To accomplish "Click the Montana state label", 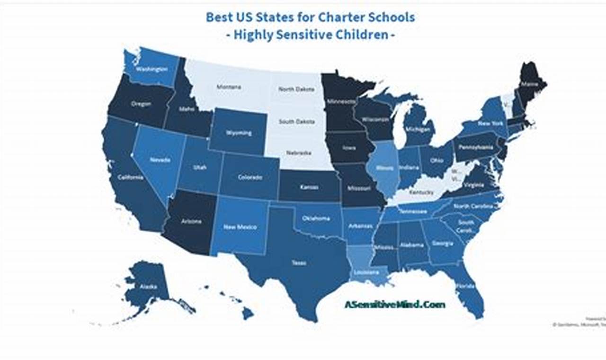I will pos(229,87).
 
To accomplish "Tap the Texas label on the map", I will pos(299,263).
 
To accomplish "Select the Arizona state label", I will pos(191,221).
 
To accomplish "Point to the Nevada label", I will pos(160,160).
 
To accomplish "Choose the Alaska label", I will pos(148,287).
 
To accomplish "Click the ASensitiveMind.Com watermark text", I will pos(394,305).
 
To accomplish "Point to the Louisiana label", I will pos(365,273).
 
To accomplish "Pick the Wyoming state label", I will pos(239,133).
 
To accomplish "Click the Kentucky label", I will pos(421,193).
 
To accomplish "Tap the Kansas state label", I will pos(309,187).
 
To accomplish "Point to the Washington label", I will pos(152,69).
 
